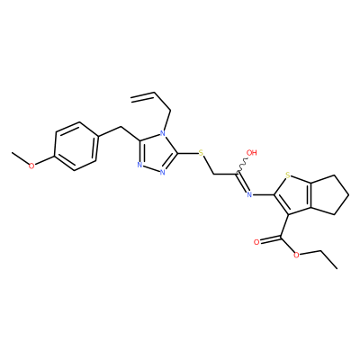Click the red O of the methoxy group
(x=31, y=166)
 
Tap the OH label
(x=252, y=153)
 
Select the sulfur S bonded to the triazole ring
(x=201, y=154)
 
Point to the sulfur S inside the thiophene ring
(x=287, y=175)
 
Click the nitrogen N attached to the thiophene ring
(x=249, y=195)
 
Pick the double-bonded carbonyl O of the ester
(x=256, y=242)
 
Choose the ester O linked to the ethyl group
(x=296, y=255)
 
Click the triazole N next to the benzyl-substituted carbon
(x=139, y=165)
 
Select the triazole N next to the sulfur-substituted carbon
(x=162, y=172)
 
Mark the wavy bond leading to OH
(x=242, y=166)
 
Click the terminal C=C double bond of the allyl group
(x=143, y=95)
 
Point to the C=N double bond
(x=242, y=182)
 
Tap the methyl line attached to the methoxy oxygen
(x=20, y=157)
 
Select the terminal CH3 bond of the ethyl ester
(x=327, y=259)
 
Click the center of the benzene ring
(x=76, y=147)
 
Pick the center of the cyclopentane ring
(x=328, y=195)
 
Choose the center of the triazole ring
(x=157, y=154)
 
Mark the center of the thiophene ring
(x=292, y=195)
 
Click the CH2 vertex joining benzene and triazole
(x=121, y=128)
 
